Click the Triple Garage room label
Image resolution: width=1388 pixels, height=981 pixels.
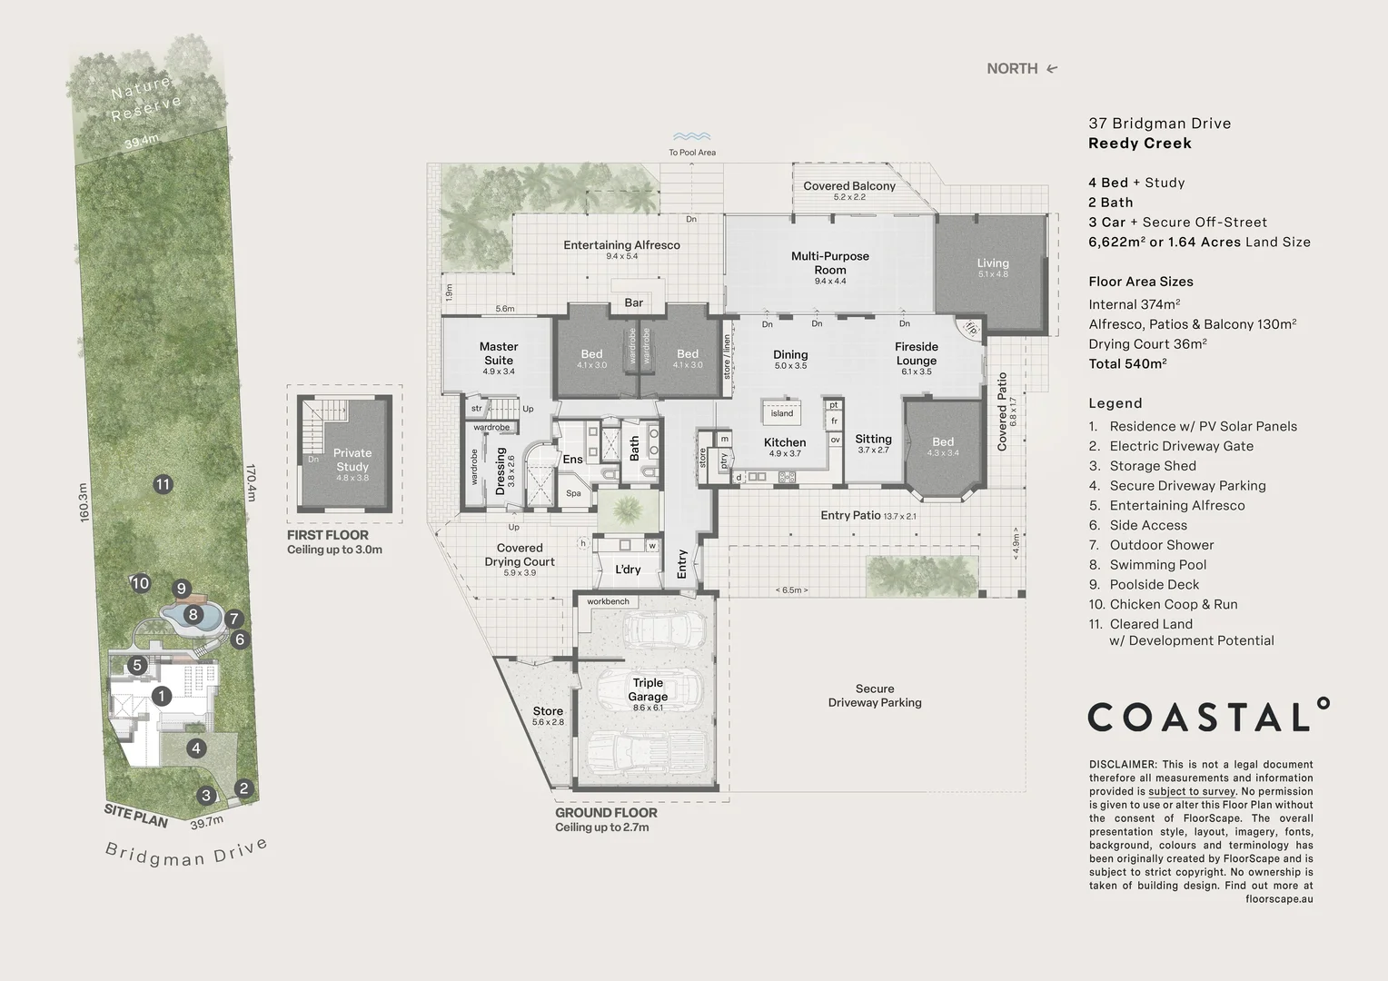648,689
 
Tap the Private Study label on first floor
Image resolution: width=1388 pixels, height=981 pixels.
352,460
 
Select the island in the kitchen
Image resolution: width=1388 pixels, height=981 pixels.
781,413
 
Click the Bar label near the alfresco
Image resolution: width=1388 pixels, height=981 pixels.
633,302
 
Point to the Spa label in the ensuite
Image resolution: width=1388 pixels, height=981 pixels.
573,493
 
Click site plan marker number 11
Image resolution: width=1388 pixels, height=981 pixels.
163,484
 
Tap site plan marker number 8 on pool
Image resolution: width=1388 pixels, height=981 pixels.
193,615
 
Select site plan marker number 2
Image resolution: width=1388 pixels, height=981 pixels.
243,788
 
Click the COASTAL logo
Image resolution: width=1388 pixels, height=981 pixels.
1208,717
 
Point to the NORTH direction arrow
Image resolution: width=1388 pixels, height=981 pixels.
1052,68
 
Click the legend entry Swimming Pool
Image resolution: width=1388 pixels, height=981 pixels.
1157,565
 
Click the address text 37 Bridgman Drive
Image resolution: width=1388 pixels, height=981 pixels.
1159,124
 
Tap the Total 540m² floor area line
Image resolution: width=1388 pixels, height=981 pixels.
1127,363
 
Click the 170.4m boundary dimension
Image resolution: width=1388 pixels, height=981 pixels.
251,481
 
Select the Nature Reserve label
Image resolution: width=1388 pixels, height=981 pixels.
145,98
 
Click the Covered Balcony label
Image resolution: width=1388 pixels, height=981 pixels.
848,186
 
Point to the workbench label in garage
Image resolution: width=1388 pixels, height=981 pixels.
608,601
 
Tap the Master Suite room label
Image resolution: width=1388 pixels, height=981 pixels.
498,353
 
